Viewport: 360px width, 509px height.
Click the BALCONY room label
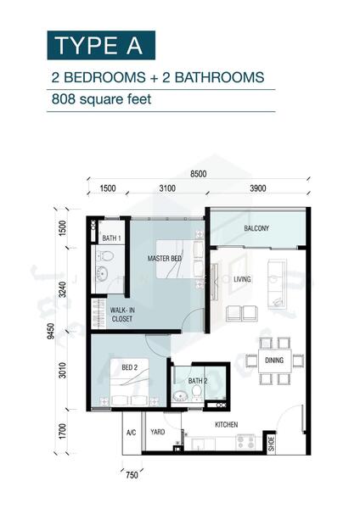256,228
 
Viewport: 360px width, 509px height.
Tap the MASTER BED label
164,258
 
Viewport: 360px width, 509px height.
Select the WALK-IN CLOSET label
121,315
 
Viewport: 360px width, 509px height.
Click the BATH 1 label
110,238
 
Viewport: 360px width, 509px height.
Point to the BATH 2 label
198,381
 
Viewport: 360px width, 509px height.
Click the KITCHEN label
226,424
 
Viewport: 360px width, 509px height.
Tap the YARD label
158,433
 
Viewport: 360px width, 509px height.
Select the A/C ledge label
132,433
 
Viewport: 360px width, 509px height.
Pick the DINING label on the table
273,361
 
